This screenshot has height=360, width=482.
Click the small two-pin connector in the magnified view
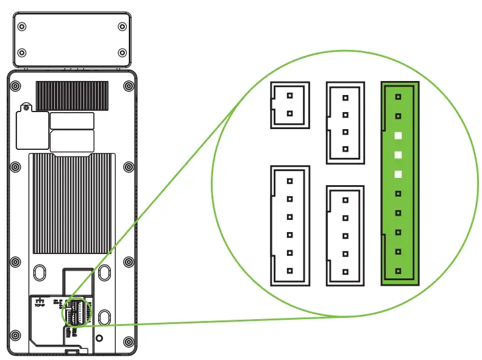289,105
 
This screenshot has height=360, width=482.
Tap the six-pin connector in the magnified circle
289,225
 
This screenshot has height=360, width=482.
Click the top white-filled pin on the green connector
398,135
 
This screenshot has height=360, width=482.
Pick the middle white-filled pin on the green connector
398,155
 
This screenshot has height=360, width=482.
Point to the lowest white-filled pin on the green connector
398,174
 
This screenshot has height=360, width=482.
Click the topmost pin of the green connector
398,96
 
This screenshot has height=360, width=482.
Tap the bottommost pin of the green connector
398,270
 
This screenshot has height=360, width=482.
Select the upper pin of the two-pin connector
289,96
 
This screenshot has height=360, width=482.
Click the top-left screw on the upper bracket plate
22,27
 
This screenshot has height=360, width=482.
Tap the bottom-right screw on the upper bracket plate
122,53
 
